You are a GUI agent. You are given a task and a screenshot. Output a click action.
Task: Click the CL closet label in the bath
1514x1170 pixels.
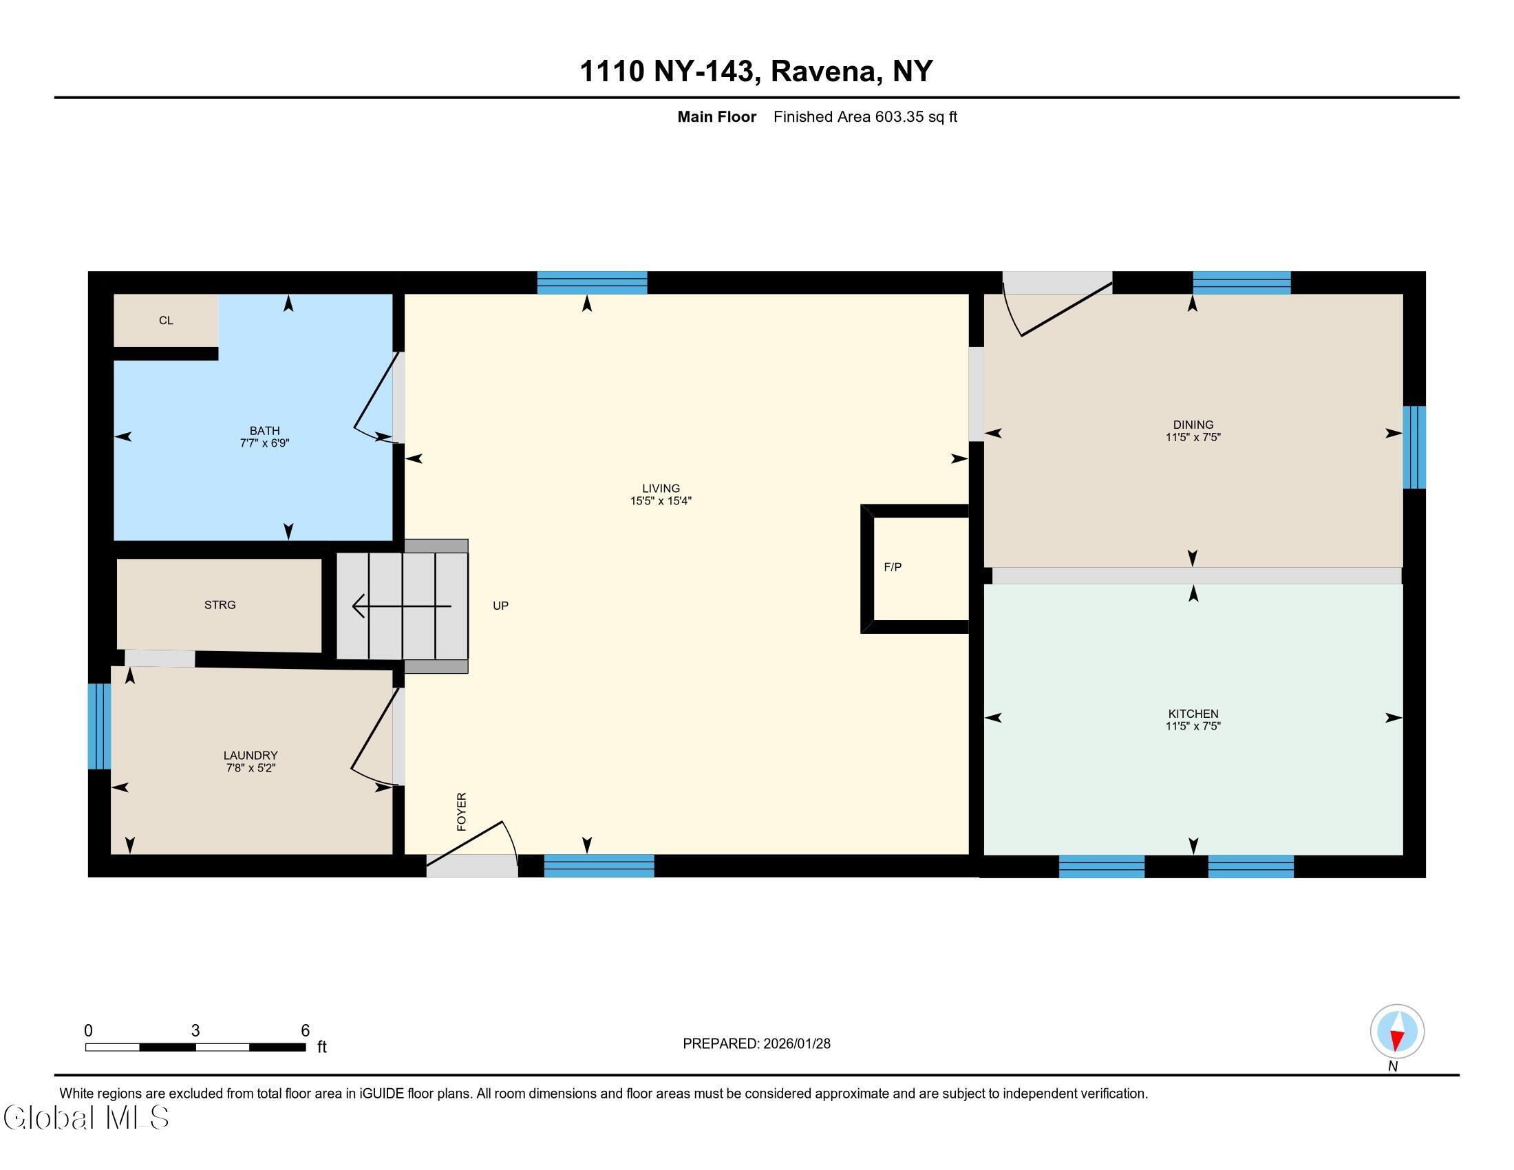(166, 320)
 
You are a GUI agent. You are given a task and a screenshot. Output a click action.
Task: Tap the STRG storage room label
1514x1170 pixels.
(220, 605)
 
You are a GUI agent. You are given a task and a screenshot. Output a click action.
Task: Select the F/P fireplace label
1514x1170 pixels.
(893, 567)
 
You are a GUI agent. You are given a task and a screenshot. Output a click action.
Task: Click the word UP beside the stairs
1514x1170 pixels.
(500, 606)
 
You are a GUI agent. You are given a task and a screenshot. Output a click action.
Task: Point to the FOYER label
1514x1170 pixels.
(462, 811)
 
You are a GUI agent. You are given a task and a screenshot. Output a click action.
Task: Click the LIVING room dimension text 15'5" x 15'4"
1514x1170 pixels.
(661, 501)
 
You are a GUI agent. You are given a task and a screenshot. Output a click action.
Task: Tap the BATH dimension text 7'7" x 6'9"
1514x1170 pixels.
(264, 443)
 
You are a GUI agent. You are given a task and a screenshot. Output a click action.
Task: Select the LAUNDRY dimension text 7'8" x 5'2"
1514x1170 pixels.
(250, 768)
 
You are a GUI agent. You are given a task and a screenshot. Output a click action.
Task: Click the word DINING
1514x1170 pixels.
(1193, 425)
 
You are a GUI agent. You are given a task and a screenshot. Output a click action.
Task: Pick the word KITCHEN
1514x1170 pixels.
(1193, 714)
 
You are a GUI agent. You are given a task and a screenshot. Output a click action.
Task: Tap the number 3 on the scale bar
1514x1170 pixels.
(195, 1031)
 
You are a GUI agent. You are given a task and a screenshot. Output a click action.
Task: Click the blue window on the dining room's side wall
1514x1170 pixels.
(1414, 447)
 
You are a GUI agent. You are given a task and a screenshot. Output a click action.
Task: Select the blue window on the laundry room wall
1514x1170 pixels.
(99, 726)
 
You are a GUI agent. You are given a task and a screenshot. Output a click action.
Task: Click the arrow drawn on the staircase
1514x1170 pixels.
(402, 606)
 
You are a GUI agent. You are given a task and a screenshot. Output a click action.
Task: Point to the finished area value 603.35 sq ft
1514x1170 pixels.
(916, 116)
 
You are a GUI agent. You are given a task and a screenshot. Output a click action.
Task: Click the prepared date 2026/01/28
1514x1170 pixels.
(796, 1044)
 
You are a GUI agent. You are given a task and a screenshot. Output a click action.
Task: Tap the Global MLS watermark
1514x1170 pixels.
(87, 1117)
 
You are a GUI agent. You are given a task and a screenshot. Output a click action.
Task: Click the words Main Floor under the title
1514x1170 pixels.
(717, 116)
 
